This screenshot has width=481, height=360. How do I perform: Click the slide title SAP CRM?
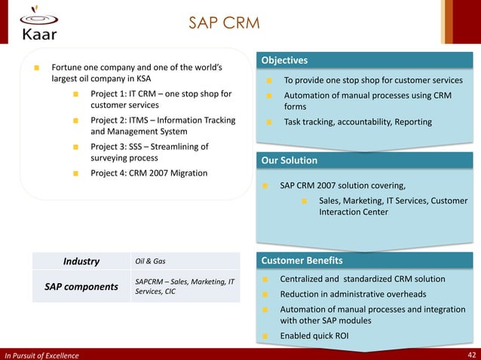[x=224, y=23]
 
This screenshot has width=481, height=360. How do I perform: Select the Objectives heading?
[x=284, y=60]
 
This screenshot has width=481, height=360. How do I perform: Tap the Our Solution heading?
[x=289, y=160]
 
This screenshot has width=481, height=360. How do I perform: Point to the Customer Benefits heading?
[x=302, y=261]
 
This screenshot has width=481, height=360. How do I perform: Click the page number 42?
[x=471, y=355]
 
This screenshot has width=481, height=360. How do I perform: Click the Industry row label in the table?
[x=81, y=261]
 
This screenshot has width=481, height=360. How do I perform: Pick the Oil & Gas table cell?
[x=150, y=261]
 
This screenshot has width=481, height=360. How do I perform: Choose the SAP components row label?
[x=81, y=287]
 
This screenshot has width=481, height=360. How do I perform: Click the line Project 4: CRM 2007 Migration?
[x=149, y=173]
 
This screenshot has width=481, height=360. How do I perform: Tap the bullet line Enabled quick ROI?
[x=314, y=335]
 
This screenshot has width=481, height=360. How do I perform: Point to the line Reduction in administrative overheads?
[x=353, y=294]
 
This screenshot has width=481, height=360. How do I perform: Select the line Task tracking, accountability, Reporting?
[x=357, y=122]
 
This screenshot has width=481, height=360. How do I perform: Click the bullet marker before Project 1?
[x=76, y=94]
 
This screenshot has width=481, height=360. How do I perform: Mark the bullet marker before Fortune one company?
[x=36, y=67]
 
